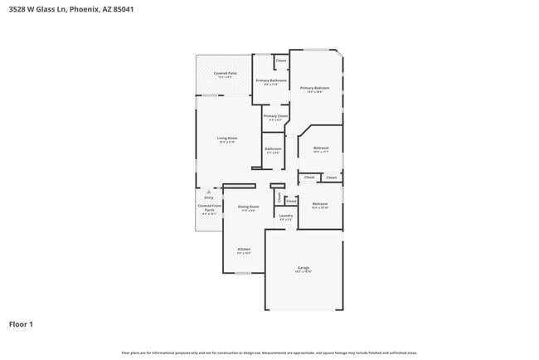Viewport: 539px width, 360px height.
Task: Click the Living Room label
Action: coord(227,139)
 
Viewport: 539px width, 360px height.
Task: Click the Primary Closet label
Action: coord(275,117)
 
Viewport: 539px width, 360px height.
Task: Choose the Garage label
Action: coord(303,268)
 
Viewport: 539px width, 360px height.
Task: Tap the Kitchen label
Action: coord(244,249)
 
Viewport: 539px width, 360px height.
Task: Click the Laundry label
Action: coord(285,216)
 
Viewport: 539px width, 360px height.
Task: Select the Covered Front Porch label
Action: coord(210,207)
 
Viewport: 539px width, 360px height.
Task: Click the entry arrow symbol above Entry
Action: coord(209,192)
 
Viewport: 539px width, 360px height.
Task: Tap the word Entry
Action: coord(209,197)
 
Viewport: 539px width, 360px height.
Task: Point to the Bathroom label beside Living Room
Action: coord(274,149)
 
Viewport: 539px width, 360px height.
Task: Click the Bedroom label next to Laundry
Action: coord(320,204)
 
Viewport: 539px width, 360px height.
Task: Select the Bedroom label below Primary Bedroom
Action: coord(321,148)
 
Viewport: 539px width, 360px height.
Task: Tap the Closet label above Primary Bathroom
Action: coord(280,61)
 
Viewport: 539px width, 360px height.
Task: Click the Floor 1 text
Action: coord(21,324)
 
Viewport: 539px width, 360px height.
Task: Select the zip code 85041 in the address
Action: coord(122,9)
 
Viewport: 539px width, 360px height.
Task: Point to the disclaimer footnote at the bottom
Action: coord(269,353)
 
